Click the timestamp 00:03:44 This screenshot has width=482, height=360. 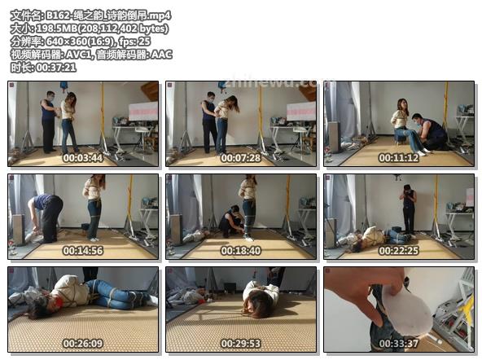83,158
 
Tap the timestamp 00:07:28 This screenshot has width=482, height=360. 241,158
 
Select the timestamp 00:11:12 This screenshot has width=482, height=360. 399,158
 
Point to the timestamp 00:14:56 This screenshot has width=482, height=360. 83,251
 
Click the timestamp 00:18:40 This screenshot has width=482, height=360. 241,251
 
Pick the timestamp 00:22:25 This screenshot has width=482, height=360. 399,251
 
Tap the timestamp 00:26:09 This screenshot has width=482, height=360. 83,344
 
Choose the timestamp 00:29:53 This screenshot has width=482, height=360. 241,344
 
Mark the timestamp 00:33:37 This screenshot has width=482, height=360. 399,344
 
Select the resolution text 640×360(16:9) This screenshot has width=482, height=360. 81,42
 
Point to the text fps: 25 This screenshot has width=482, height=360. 135,42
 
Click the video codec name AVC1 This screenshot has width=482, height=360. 78,55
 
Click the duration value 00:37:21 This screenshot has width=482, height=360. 56,68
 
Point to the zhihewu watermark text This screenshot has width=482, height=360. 270,82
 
